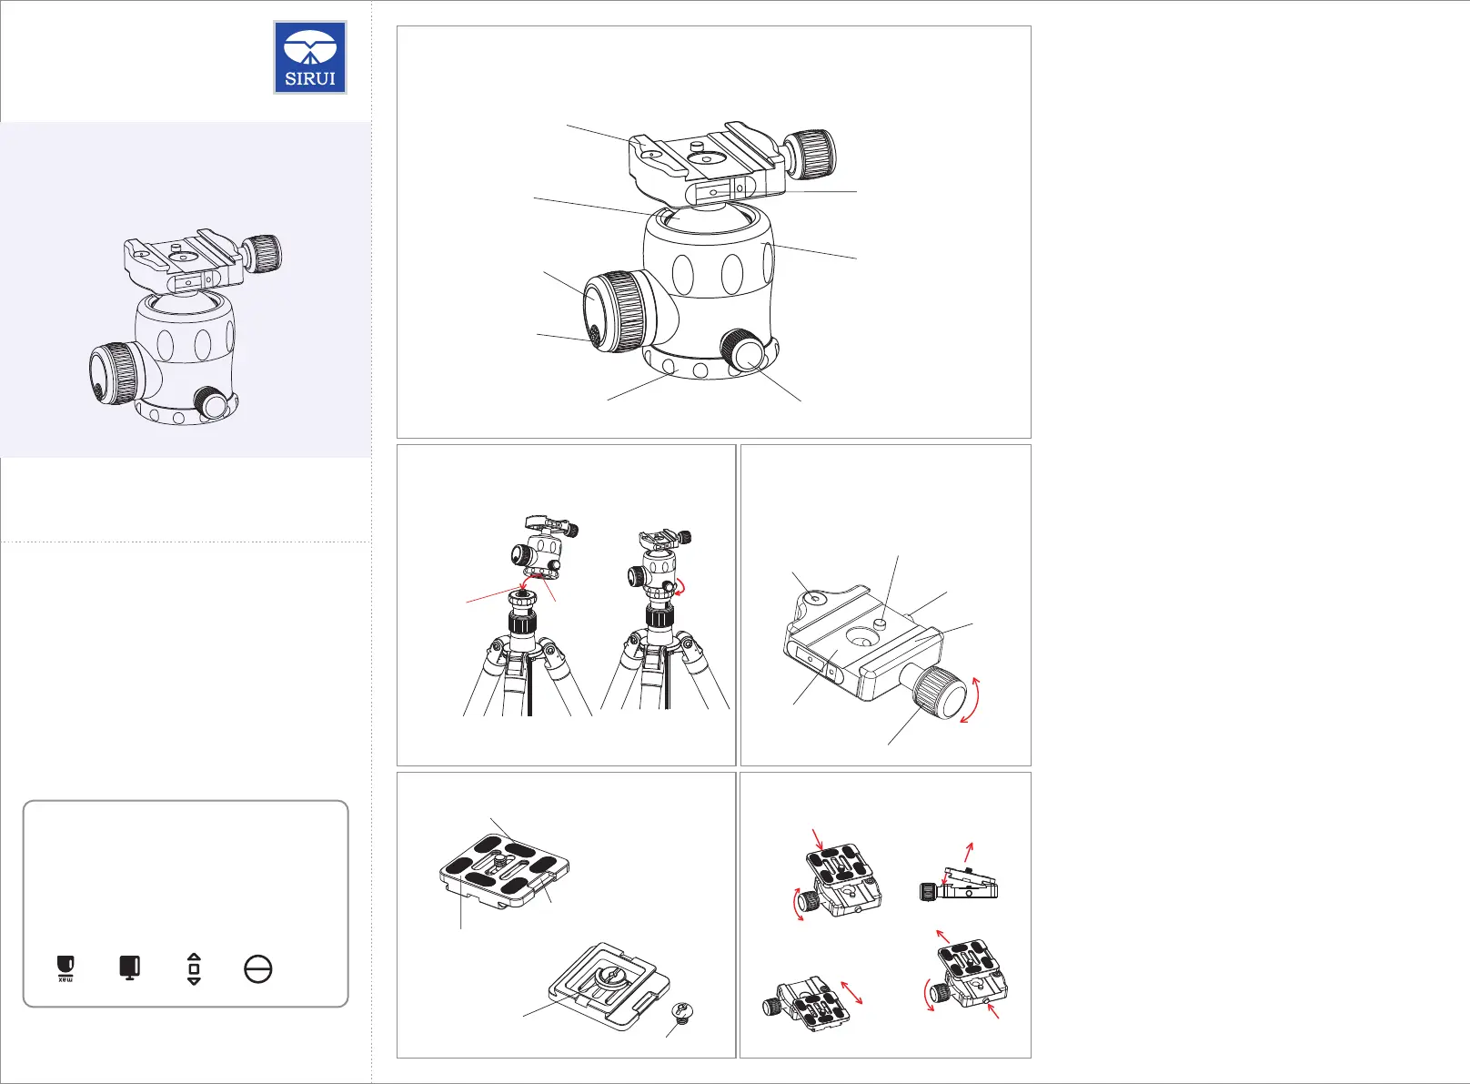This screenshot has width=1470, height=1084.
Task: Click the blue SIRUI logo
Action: [x=310, y=57]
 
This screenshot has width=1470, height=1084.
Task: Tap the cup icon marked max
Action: [x=65, y=968]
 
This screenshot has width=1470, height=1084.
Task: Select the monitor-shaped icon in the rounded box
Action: [x=129, y=967]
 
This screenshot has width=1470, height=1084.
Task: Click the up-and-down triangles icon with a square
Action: [x=194, y=969]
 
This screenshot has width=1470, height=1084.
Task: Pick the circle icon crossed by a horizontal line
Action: [x=258, y=969]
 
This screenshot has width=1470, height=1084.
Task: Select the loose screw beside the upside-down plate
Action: [x=683, y=1012]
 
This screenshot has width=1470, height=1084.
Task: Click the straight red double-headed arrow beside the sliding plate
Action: [x=851, y=992]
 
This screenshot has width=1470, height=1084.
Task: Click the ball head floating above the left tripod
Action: [x=544, y=550]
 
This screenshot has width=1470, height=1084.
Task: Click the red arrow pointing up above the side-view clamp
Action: [x=969, y=852]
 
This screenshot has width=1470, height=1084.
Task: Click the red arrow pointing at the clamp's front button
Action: [x=993, y=1009]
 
